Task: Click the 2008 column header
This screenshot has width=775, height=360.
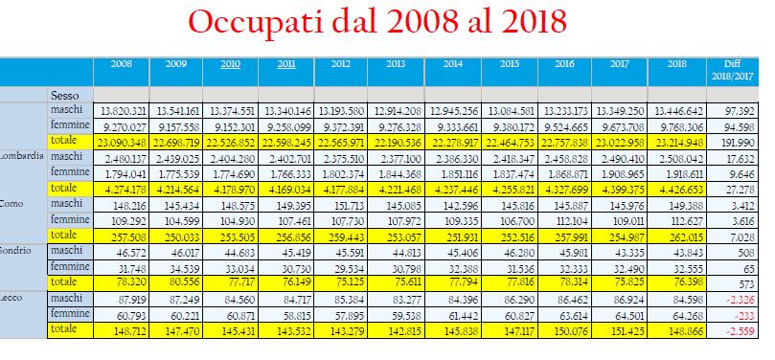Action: click(121, 64)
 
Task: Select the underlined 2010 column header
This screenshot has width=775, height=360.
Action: click(230, 64)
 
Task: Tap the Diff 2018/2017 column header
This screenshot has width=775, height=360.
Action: click(733, 70)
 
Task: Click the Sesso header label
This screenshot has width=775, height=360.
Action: click(65, 95)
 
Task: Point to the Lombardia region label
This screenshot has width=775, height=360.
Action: click(22, 157)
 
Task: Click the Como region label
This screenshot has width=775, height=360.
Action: click(11, 203)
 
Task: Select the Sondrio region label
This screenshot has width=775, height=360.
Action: click(15, 250)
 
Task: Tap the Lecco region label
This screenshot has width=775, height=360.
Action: click(11, 298)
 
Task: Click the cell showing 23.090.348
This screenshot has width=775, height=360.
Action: click(121, 144)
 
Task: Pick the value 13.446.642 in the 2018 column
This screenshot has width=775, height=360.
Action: click(678, 112)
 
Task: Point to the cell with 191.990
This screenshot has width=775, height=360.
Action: click(740, 144)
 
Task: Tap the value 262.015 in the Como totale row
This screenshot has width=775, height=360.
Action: click(685, 237)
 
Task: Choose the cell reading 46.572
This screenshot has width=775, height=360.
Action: click(131, 254)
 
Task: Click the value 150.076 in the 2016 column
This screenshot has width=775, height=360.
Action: click(571, 331)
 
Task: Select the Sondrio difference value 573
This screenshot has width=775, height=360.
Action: click(746, 284)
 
